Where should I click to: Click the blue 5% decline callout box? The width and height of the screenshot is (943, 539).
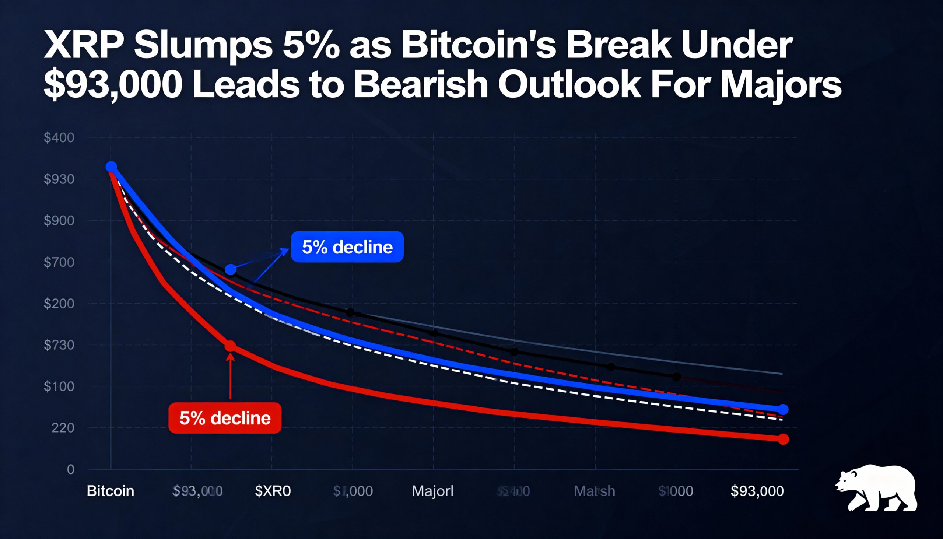tap(347, 247)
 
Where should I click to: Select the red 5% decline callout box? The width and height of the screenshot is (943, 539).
tap(225, 418)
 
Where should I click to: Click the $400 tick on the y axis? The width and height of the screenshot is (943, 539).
tap(59, 138)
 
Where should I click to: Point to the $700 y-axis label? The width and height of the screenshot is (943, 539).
tap(59, 262)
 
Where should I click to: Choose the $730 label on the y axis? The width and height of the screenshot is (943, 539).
tap(59, 345)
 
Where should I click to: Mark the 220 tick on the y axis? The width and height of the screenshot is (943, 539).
tap(63, 428)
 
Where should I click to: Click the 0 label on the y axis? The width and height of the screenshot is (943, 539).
tap(70, 470)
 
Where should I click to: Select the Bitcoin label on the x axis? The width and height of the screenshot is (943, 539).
tap(110, 491)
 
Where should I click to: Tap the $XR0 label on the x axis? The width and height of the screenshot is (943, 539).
tap(273, 491)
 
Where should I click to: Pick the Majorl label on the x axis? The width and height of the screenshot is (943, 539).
tap(433, 491)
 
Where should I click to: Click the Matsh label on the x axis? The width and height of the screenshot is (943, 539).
tap(595, 491)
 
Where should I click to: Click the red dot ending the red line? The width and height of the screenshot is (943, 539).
tap(783, 440)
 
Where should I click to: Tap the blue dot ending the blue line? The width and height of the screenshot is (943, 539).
tap(783, 409)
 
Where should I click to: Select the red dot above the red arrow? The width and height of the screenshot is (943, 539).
tap(230, 346)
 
